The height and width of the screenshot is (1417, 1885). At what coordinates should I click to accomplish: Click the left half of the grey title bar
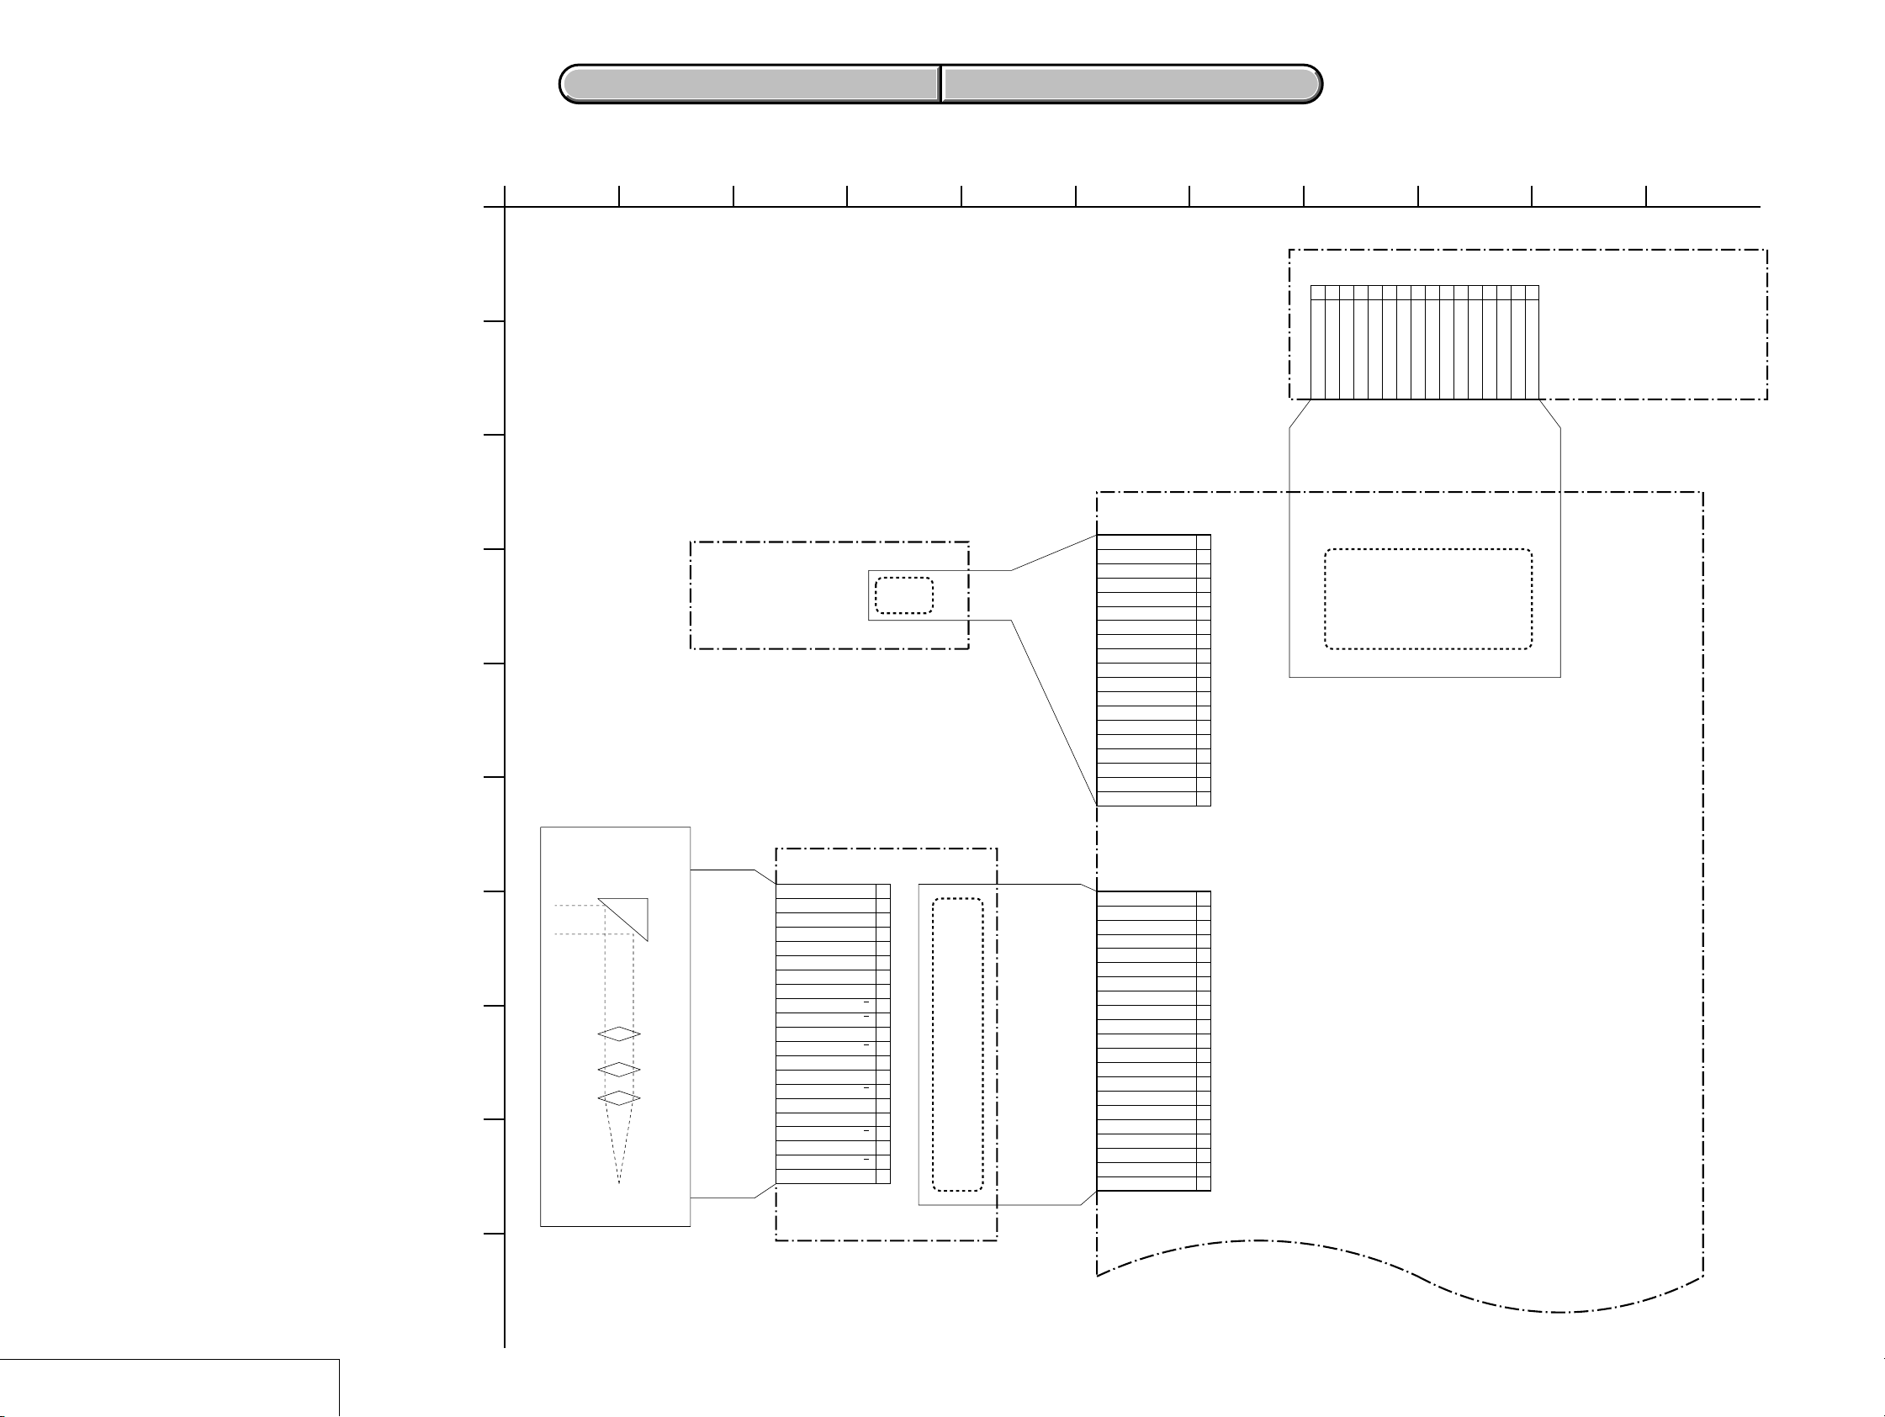pyautogui.click(x=750, y=84)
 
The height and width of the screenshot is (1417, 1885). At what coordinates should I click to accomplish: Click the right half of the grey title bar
pyautogui.click(x=1131, y=84)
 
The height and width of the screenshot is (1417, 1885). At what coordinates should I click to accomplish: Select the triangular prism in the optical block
pyautogui.click(x=632, y=912)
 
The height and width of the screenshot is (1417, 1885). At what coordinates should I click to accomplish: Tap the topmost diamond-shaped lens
pyautogui.click(x=619, y=1034)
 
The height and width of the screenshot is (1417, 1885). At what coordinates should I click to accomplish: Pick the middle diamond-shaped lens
pyautogui.click(x=619, y=1069)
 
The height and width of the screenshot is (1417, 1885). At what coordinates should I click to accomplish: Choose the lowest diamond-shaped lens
pyautogui.click(x=619, y=1097)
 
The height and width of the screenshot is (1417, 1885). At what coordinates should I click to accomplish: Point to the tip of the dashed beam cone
pyautogui.click(x=619, y=1182)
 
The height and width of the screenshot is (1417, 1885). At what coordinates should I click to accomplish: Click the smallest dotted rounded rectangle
pyautogui.click(x=903, y=595)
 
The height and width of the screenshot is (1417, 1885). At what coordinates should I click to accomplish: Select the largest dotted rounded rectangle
pyautogui.click(x=1427, y=599)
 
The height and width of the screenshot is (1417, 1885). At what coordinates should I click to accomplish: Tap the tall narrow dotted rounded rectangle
pyautogui.click(x=957, y=1044)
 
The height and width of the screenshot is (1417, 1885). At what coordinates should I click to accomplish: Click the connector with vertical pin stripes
pyautogui.click(x=1424, y=341)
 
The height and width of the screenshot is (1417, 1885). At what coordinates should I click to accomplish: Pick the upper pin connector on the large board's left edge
pyautogui.click(x=1153, y=669)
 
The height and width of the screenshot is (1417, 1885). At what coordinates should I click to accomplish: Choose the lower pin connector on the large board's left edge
pyautogui.click(x=1153, y=1040)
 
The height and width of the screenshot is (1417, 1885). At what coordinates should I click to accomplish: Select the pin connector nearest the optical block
pyautogui.click(x=833, y=1034)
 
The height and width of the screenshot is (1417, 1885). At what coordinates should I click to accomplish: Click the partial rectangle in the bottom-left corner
pyautogui.click(x=169, y=1388)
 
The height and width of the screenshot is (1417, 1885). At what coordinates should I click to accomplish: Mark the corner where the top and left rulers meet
pyautogui.click(x=505, y=207)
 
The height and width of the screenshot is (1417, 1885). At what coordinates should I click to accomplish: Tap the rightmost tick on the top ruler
pyautogui.click(x=1645, y=197)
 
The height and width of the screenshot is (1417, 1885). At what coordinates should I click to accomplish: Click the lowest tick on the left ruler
pyautogui.click(x=495, y=1233)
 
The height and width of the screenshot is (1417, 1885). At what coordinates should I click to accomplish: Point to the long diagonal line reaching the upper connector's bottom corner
pyautogui.click(x=1053, y=712)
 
